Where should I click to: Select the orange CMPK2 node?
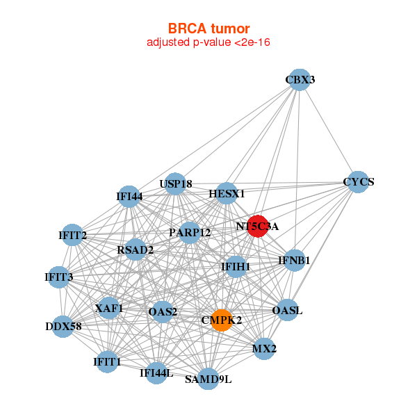click(x=221, y=320)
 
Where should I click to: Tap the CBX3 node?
click(x=299, y=80)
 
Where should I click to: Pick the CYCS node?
click(x=357, y=182)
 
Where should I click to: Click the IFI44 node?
click(x=129, y=197)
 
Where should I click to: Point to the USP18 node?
click(x=175, y=184)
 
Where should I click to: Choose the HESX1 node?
click(x=227, y=194)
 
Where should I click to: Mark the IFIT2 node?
click(x=72, y=236)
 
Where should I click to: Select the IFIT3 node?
click(x=59, y=277)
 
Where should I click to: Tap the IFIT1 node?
click(x=107, y=361)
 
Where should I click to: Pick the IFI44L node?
click(x=156, y=373)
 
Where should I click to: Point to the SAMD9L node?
click(x=208, y=379)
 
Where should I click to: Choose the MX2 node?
click(x=264, y=348)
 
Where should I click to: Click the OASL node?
click(x=287, y=310)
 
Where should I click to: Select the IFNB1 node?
click(x=295, y=261)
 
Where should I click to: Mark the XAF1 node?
click(x=109, y=308)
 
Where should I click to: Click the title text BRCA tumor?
click(x=208, y=28)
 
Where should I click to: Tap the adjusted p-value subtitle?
click(x=208, y=42)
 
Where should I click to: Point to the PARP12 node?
click(x=190, y=232)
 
